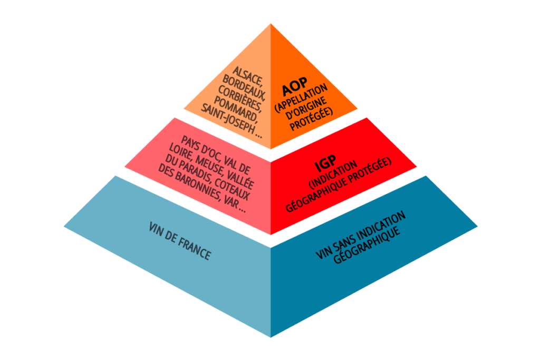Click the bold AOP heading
(x=294, y=86)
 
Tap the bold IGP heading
(x=325, y=163)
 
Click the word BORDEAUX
(x=244, y=87)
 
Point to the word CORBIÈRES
(x=240, y=99)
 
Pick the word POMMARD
(x=236, y=109)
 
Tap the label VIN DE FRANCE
(x=179, y=241)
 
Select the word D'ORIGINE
(x=306, y=109)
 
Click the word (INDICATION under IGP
(x=333, y=175)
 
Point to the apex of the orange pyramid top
(x=271, y=23)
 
